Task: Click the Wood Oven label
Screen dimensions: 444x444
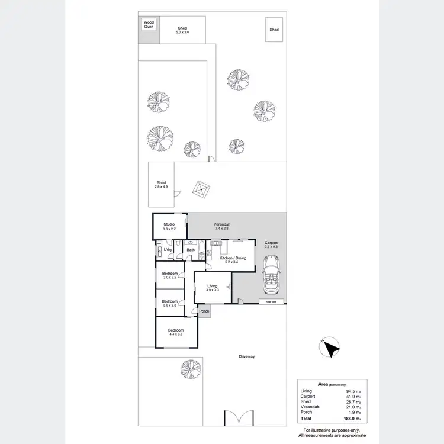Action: (149, 24)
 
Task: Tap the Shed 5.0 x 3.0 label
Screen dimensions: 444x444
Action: (182, 30)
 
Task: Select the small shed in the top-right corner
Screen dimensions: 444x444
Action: (274, 30)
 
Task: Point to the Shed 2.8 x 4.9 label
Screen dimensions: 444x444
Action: (161, 185)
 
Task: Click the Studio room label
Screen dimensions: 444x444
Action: (169, 226)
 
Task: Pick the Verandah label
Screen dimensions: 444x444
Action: (222, 226)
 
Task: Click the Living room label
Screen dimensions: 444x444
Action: (213, 288)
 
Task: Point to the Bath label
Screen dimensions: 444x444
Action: (191, 250)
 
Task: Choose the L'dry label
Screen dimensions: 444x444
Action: (168, 250)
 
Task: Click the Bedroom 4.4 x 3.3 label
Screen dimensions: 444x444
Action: (175, 332)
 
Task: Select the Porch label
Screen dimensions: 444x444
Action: (204, 311)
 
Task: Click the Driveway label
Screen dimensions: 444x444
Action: (246, 356)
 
